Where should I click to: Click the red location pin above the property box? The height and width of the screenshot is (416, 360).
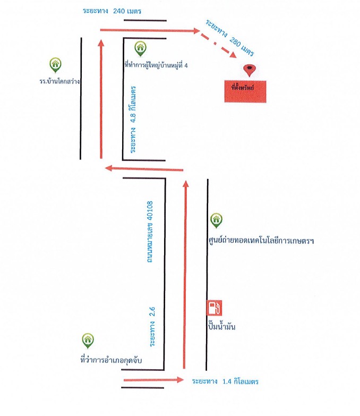pos(250,70)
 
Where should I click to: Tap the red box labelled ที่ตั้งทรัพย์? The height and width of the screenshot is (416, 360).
pos(245,91)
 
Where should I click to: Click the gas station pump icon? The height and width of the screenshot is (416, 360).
pos(214,308)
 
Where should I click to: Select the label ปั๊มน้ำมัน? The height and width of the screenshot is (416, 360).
pos(221,326)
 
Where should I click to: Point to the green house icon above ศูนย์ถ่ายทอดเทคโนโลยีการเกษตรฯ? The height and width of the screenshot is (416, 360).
pos(216,220)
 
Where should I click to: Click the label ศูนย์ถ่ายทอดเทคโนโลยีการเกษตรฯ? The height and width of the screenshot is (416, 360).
pos(261,241)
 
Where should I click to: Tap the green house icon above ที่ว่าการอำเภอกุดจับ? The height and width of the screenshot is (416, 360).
pos(88,341)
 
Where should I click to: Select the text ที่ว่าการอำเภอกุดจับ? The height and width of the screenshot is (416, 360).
pos(111,360)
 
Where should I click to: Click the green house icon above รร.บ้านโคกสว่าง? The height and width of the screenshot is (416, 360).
pos(55,65)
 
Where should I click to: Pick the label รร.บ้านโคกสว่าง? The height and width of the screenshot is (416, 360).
pos(59,81)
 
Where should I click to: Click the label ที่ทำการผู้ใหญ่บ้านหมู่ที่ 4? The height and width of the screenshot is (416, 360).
pos(156,65)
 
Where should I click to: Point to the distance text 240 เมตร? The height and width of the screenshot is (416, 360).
pos(127,11)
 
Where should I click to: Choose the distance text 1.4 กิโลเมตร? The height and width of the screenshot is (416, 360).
pos(241,381)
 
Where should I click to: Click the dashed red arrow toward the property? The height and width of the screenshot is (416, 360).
pos(218,44)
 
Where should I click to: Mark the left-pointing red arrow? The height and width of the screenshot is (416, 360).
pos(144,169)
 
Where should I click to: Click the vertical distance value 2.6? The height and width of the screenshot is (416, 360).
pos(152,312)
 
